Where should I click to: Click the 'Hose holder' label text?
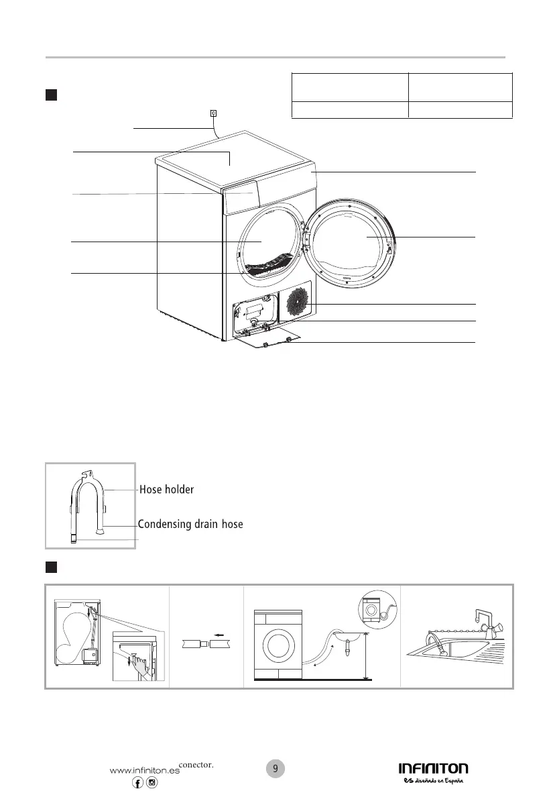click(x=166, y=490)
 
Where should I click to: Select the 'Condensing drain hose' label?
click(x=190, y=524)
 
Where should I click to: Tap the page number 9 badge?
click(x=275, y=769)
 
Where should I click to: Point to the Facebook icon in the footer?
click(x=138, y=784)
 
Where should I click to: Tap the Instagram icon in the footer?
click(x=152, y=784)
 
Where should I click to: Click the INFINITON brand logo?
click(x=434, y=769)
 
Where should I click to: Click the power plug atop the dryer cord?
click(x=213, y=113)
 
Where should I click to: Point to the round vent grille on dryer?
click(x=296, y=303)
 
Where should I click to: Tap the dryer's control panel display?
click(x=241, y=199)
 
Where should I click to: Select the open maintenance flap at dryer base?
click(x=268, y=339)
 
